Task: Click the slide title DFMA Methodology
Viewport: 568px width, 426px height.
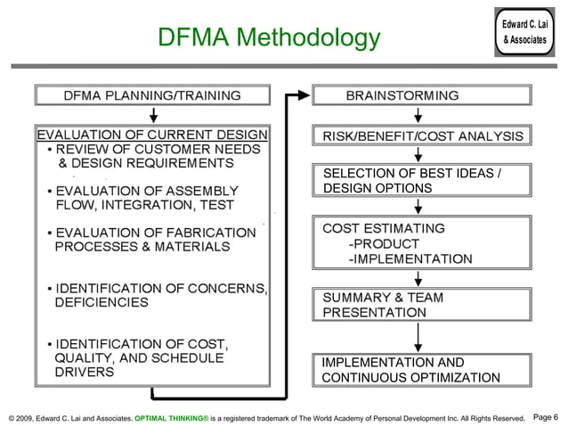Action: pyautogui.click(x=268, y=38)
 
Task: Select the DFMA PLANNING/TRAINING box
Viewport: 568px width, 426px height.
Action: pyautogui.click(x=152, y=95)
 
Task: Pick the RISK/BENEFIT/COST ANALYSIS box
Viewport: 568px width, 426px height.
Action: pyautogui.click(x=423, y=135)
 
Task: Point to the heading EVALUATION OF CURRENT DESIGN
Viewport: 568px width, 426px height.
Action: pyautogui.click(x=151, y=135)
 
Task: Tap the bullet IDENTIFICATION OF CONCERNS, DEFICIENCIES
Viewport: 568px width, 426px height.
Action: pyautogui.click(x=160, y=295)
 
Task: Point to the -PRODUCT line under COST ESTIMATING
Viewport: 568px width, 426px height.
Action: pyautogui.click(x=384, y=244)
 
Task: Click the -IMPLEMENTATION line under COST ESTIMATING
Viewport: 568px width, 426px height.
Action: pyautogui.click(x=410, y=259)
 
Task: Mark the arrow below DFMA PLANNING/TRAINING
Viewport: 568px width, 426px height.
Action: pyautogui.click(x=154, y=115)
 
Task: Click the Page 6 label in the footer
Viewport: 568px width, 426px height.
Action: pyautogui.click(x=544, y=417)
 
